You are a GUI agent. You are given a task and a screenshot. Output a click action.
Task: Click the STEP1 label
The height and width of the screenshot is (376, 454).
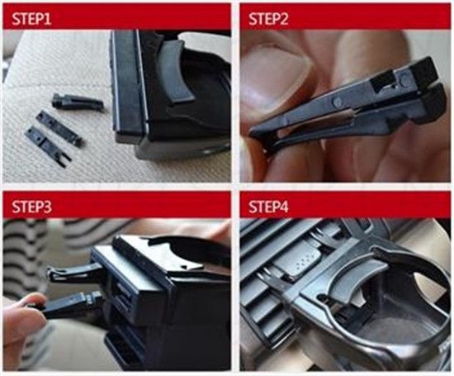tap(31, 19)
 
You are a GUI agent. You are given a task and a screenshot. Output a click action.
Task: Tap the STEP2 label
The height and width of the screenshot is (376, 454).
tap(268, 19)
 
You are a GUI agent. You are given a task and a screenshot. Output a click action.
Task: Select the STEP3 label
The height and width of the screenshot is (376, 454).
tap(31, 207)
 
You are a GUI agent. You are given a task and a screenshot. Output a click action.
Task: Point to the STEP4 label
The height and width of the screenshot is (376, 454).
tap(268, 207)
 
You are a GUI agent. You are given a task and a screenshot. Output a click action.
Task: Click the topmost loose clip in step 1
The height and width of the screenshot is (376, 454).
tap(78, 102)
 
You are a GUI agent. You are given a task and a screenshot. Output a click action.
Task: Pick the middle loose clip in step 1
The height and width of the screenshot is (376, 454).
tap(59, 127)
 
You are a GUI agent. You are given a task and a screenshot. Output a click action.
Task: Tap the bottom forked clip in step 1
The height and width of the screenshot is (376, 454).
tap(48, 144)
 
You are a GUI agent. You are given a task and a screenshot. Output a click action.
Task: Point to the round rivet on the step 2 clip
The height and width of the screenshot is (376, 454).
tap(337, 101)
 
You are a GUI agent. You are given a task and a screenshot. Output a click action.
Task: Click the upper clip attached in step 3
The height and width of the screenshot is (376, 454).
tap(76, 271)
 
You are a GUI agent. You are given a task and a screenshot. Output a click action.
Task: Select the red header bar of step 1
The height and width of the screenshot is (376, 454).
tap(116, 16)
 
